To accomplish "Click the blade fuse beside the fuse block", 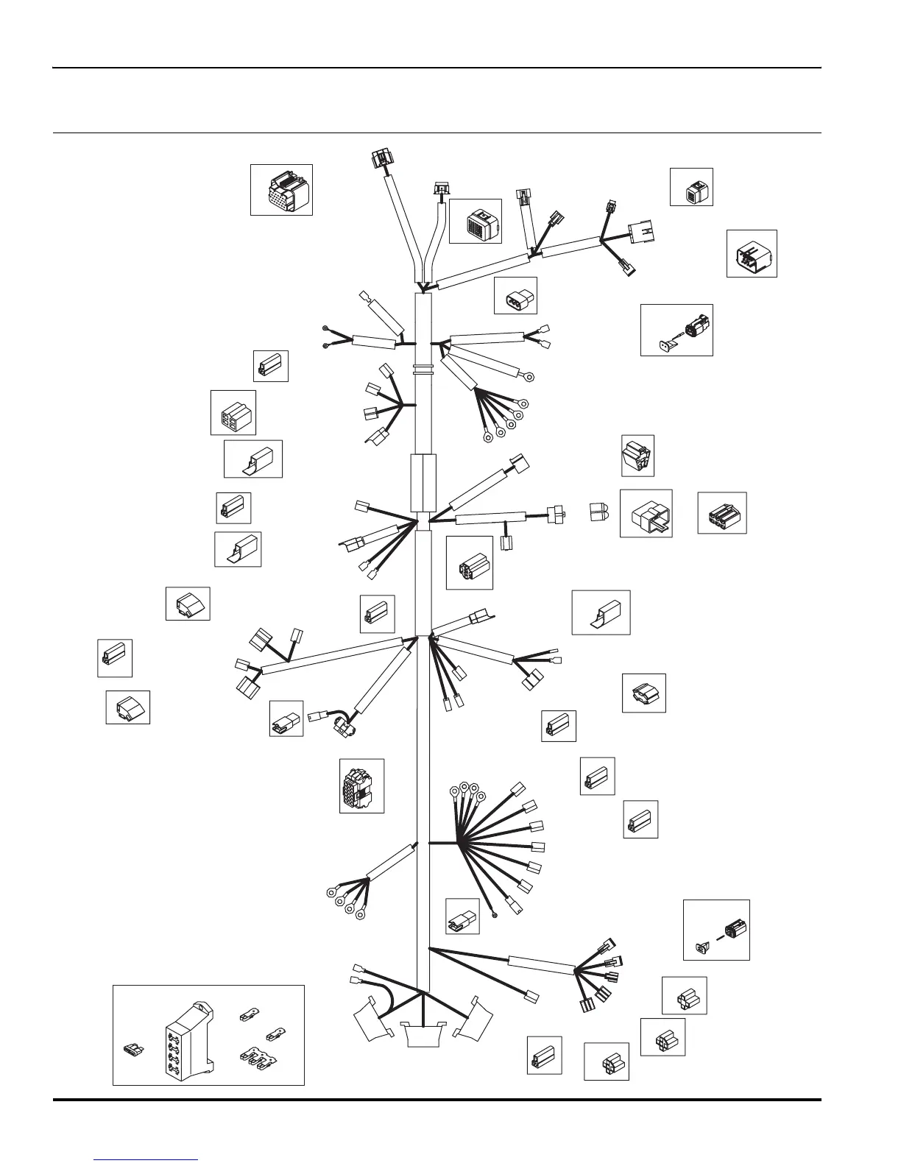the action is (132, 1047).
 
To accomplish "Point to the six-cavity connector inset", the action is (722, 513).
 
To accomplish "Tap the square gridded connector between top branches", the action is (476, 221).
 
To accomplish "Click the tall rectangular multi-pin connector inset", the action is (361, 786).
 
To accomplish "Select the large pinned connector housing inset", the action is (752, 254).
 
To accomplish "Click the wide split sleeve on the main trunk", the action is (423, 482).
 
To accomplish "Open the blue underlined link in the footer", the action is (146, 1159).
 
